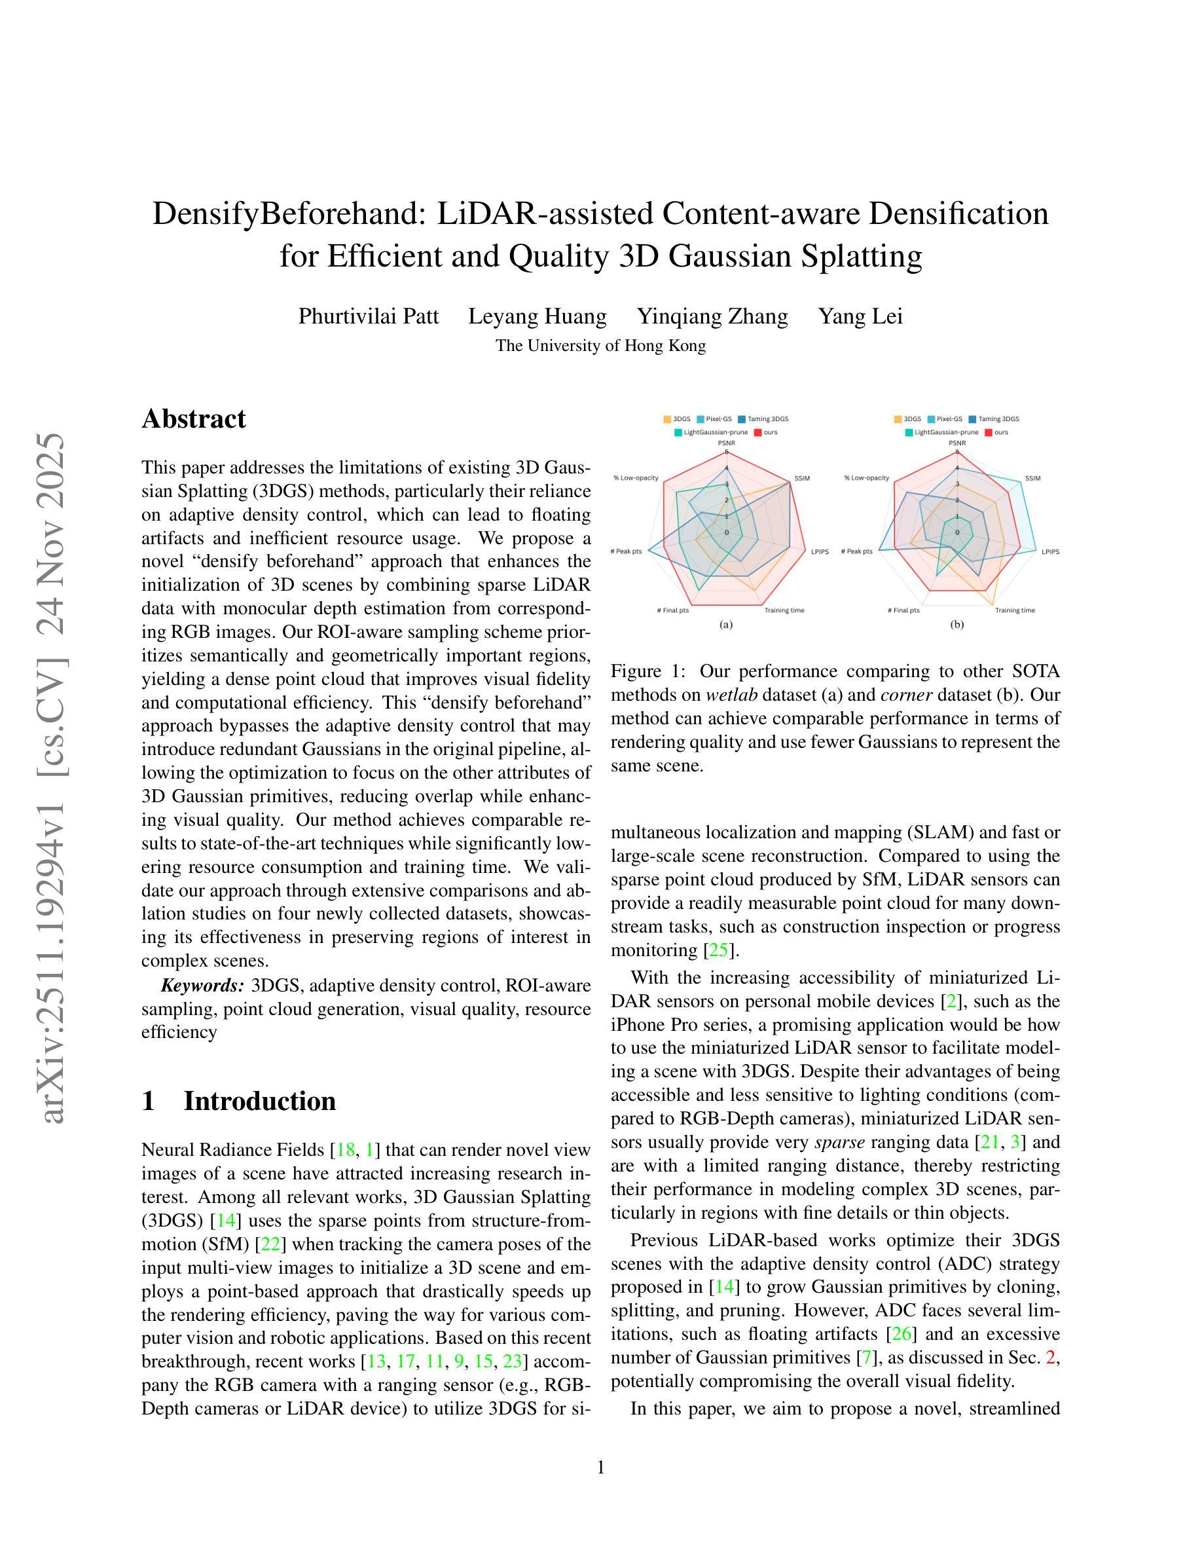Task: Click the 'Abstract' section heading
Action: click(x=193, y=419)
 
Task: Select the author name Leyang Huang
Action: click(x=537, y=316)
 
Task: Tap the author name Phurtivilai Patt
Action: click(x=368, y=316)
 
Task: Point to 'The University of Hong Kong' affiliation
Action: click(x=600, y=346)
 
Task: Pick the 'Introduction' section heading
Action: click(x=259, y=1101)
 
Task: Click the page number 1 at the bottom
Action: click(x=600, y=1467)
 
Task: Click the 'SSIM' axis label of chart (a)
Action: click(x=802, y=478)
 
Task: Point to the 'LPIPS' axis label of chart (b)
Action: click(x=1050, y=551)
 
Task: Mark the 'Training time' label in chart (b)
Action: click(x=1015, y=610)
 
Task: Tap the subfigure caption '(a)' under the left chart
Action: click(x=725, y=625)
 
